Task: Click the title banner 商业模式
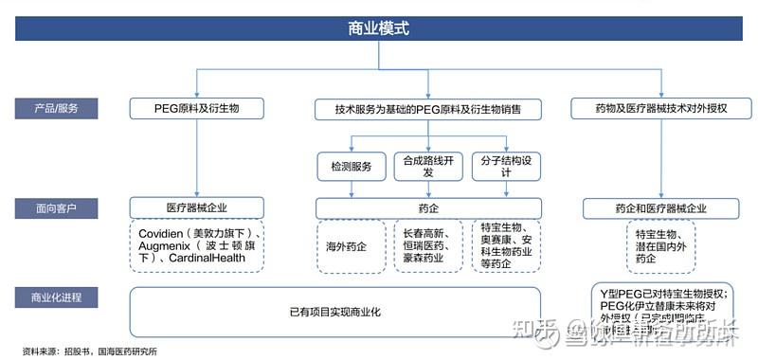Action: pos(379,28)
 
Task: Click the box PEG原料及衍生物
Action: pos(197,109)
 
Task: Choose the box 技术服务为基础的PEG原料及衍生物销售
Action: pos(425,110)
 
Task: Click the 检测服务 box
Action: pos(352,167)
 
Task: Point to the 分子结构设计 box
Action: pos(506,167)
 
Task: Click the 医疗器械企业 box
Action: pos(197,207)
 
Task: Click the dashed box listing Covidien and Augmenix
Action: pos(197,244)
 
